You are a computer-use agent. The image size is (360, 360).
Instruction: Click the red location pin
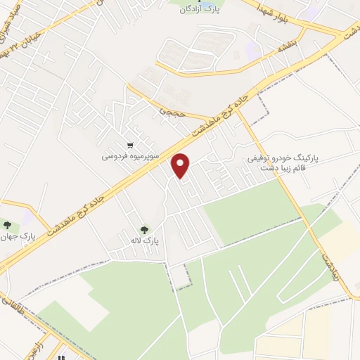[x=181, y=165]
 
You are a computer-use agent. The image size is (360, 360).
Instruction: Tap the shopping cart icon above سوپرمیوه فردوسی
[x=129, y=145]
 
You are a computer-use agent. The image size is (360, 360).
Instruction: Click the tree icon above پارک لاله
[x=145, y=229]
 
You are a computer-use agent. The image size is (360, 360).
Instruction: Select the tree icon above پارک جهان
[x=8, y=225]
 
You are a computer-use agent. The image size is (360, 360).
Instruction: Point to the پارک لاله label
[x=146, y=240]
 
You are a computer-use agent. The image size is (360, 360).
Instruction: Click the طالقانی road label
[x=10, y=303]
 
